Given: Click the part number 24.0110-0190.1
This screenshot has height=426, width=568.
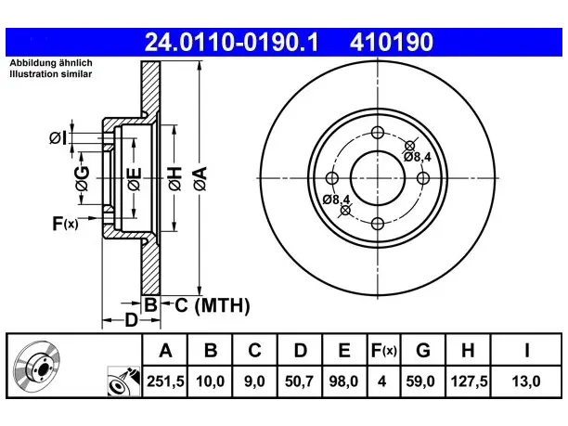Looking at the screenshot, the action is click(x=231, y=42).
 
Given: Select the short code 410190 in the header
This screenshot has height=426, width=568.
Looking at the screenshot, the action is click(x=392, y=42).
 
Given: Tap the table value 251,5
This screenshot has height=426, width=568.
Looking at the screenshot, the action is click(x=165, y=381).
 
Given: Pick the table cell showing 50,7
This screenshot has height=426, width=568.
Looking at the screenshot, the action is click(x=299, y=381).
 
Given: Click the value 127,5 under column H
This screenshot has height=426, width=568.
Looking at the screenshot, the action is click(x=469, y=381).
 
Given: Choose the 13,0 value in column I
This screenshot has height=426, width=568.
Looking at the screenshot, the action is click(x=526, y=381).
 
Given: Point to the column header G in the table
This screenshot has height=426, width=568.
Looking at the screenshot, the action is click(x=423, y=350).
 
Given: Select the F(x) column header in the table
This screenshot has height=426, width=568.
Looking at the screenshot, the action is click(x=384, y=350).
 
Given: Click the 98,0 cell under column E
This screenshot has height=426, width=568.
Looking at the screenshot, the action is click(x=343, y=381).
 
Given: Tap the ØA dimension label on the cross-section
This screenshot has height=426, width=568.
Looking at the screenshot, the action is click(x=200, y=178).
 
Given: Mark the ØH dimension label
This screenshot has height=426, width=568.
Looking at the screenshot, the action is click(x=174, y=178).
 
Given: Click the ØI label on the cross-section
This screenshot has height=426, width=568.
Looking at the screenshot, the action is click(x=58, y=138).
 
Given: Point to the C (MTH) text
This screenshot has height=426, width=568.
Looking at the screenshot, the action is click(x=213, y=305).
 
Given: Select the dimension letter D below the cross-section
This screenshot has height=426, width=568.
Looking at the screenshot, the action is click(x=131, y=320).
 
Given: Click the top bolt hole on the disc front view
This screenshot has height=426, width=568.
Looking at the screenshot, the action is click(x=378, y=133).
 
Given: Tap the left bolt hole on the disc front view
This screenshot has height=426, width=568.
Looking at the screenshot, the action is click(x=332, y=178).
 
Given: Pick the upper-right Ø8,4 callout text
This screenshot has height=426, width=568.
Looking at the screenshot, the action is click(x=418, y=157).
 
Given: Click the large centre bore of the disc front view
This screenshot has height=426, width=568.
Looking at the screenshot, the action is click(x=378, y=178).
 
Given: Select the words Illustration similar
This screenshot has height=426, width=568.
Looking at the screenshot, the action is click(x=51, y=74).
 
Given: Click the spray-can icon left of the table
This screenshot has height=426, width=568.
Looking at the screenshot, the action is click(x=123, y=381).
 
